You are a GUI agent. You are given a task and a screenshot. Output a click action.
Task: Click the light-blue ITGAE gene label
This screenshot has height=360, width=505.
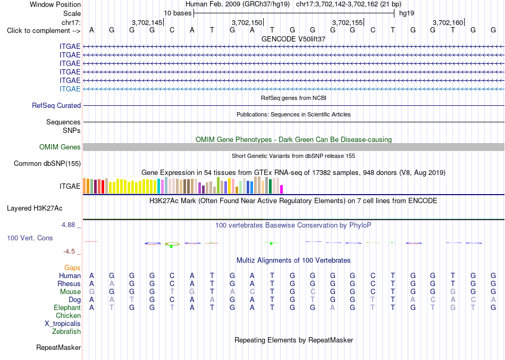pyautogui.click(x=70, y=89)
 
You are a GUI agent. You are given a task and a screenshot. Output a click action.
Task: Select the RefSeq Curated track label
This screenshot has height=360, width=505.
pyautogui.click(x=56, y=105)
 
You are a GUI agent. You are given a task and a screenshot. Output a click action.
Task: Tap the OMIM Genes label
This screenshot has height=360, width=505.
pyautogui.click(x=60, y=147)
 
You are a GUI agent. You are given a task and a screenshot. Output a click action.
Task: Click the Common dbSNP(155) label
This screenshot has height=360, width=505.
pyautogui.click(x=47, y=163)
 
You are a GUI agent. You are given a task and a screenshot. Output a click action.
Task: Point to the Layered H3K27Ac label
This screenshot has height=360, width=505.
pyautogui.click(x=35, y=208)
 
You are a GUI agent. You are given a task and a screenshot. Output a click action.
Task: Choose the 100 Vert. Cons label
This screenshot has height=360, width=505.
pyautogui.click(x=30, y=238)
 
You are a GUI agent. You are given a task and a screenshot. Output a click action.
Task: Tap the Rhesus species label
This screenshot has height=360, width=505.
pyautogui.click(x=69, y=283)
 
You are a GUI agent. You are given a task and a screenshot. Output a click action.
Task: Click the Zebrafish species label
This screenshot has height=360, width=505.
pyautogui.click(x=66, y=331)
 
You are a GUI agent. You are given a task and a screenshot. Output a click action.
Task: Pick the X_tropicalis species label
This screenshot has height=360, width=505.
pyautogui.click(x=63, y=324)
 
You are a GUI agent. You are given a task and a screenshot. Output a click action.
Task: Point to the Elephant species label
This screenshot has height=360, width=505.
pyautogui.click(x=67, y=308)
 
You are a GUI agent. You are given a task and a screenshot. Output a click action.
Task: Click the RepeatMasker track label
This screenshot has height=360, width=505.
pyautogui.click(x=58, y=347)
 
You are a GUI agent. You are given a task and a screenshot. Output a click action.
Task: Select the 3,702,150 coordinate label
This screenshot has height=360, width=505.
pyautogui.click(x=247, y=22)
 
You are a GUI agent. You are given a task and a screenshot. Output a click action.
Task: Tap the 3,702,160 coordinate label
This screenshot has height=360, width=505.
pyautogui.click(x=448, y=22)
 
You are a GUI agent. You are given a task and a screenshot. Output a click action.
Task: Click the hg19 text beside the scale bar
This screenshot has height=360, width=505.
pyautogui.click(x=407, y=13)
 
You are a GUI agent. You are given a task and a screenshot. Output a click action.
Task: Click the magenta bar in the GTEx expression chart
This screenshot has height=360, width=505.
pyautogui.click(x=282, y=189)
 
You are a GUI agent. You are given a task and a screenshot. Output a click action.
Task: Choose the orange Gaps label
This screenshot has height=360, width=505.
pyautogui.click(x=72, y=268)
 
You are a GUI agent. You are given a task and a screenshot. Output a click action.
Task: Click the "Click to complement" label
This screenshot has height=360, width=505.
pyautogui.click(x=44, y=31)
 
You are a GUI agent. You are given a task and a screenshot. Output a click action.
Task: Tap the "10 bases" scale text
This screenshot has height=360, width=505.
pyautogui.click(x=178, y=13)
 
